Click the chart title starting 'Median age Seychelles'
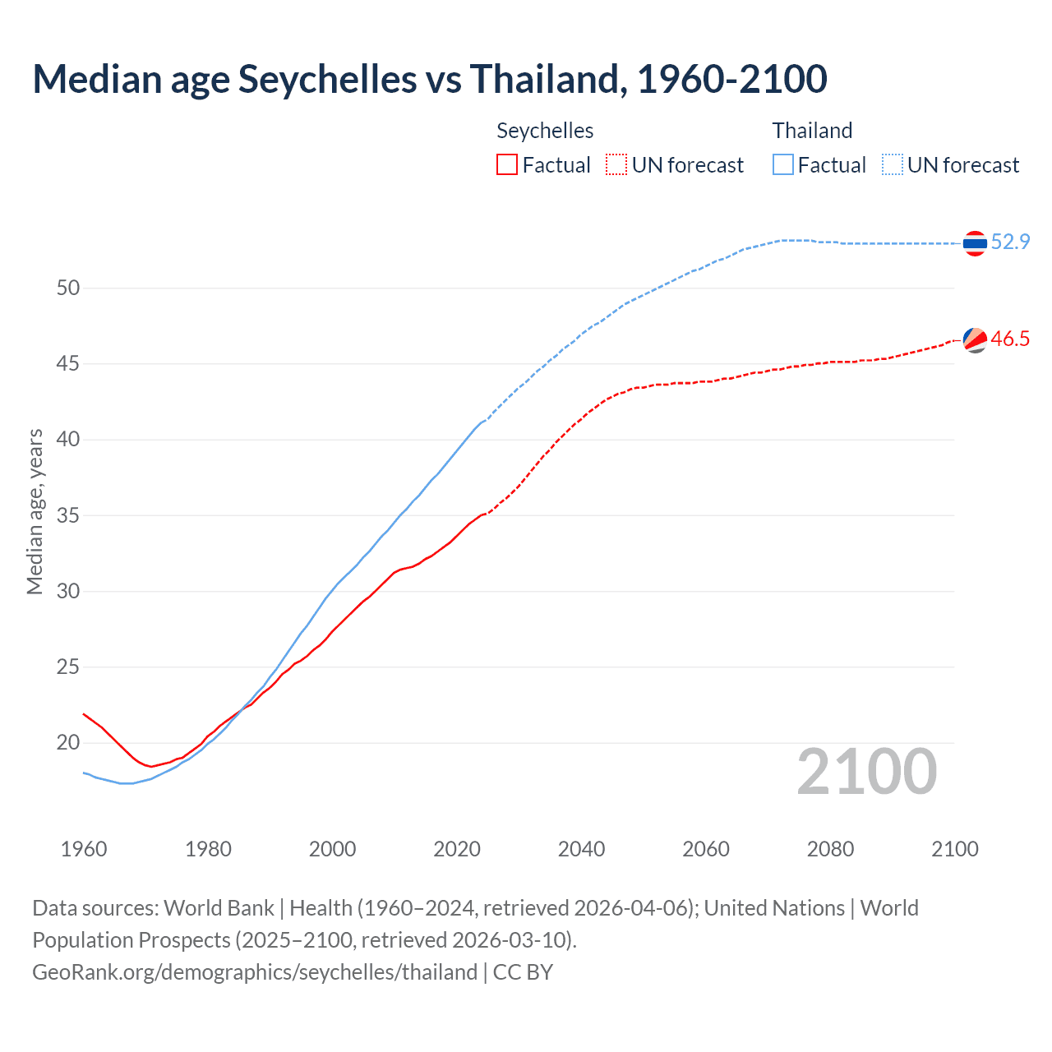(429, 79)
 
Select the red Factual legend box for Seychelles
(507, 164)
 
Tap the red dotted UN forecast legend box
(616, 164)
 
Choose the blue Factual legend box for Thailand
(783, 164)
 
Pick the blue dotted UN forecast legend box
(893, 164)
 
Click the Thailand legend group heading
(812, 131)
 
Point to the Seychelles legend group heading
(545, 131)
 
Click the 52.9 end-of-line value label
(1010, 242)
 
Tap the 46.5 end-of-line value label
(1010, 339)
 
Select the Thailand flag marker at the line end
(975, 243)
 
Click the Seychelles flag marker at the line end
(975, 339)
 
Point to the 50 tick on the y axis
(68, 288)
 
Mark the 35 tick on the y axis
(68, 515)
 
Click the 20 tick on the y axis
(68, 743)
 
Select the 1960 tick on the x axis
(84, 849)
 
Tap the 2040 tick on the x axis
(581, 849)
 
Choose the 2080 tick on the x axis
(830, 849)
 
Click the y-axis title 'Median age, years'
(35, 511)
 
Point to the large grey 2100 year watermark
(866, 771)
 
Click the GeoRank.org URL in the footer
(255, 972)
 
